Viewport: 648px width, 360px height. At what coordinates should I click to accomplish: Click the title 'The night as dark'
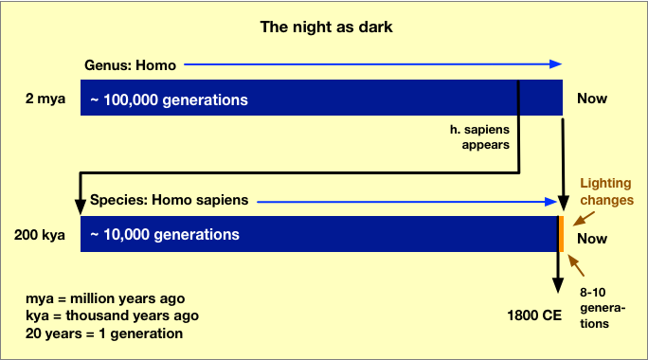pyautogui.click(x=326, y=27)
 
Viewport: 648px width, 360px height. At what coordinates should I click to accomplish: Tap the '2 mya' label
pyautogui.click(x=47, y=99)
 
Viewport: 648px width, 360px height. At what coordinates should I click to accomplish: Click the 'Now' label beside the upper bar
pyautogui.click(x=592, y=99)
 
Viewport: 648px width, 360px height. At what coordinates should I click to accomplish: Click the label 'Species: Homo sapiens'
pyautogui.click(x=169, y=201)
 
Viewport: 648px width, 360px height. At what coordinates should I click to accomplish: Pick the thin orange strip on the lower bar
pyautogui.click(x=562, y=234)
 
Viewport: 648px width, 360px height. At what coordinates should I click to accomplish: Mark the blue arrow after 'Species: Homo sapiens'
pyautogui.click(x=407, y=201)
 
